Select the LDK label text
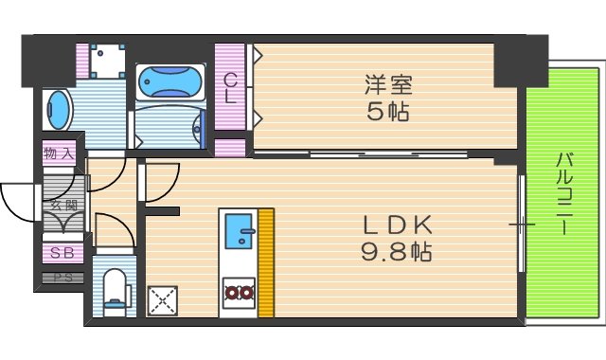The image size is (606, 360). coord(399,225)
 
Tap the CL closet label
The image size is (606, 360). coord(229,89)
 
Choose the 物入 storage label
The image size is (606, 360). coord(60,152)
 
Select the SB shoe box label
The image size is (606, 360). coord(62,253)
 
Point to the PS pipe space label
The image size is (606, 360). coord(62,278)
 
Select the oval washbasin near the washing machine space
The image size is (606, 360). coord(57,111)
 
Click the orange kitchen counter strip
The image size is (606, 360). coord(266,263)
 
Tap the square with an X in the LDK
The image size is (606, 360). coord(163,300)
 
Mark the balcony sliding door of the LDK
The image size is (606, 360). coord(521,224)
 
